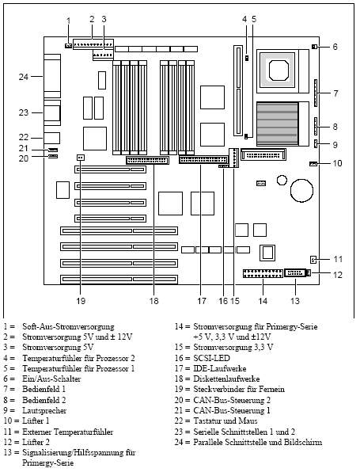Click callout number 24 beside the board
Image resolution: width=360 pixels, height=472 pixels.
tap(24, 77)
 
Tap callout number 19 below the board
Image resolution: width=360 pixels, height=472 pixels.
tap(81, 301)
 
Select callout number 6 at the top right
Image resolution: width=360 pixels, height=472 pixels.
tap(335, 48)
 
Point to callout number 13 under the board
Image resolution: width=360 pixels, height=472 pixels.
tap(295, 301)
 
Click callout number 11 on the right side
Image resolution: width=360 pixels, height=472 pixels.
tap(336, 259)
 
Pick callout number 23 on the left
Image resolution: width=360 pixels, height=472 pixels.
tap(24, 112)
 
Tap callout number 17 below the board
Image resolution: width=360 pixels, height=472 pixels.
tap(202, 301)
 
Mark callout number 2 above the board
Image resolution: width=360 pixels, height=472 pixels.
tap(92, 18)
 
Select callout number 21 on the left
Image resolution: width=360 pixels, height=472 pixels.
tap(24, 148)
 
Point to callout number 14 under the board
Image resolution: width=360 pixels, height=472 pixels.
tap(263, 301)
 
